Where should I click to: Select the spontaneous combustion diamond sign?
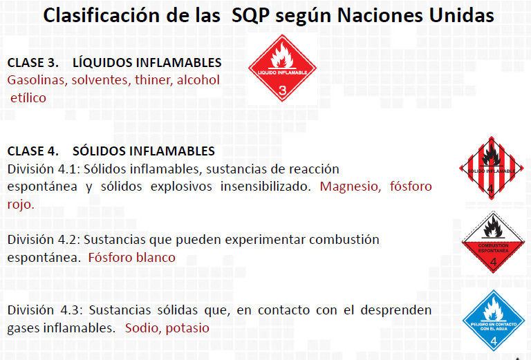492,243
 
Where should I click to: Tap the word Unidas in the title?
459,15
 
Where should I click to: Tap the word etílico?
28,98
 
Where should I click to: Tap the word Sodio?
142,328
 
